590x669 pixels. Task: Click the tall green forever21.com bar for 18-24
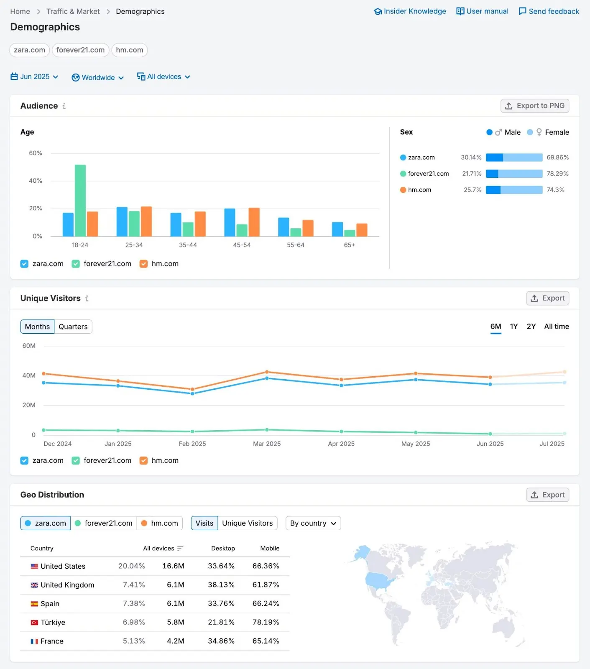pyautogui.click(x=80, y=201)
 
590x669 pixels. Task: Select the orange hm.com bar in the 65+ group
pyautogui.click(x=362, y=230)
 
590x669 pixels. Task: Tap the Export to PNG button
pyautogui.click(x=534, y=106)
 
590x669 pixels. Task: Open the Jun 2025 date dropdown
pyautogui.click(x=34, y=77)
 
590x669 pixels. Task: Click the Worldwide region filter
pyautogui.click(x=98, y=78)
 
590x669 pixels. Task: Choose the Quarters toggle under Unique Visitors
pyautogui.click(x=73, y=327)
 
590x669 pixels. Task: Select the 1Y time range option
pyautogui.click(x=513, y=327)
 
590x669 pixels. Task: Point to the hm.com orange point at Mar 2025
pyautogui.click(x=267, y=372)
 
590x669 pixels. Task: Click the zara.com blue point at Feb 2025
pyautogui.click(x=192, y=393)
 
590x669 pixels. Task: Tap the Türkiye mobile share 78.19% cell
pyautogui.click(x=266, y=622)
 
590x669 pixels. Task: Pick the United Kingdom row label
pyautogui.click(x=67, y=585)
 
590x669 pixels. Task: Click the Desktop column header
pyautogui.click(x=223, y=548)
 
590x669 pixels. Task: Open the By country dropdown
pyautogui.click(x=313, y=523)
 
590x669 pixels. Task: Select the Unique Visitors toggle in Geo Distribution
pyautogui.click(x=247, y=523)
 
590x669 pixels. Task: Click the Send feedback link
pyautogui.click(x=549, y=11)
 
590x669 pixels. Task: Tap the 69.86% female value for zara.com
pyautogui.click(x=557, y=158)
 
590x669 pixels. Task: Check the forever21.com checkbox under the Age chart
pyautogui.click(x=76, y=264)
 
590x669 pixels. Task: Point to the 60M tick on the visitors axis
pyautogui.click(x=29, y=346)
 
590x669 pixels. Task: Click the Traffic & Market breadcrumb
pyautogui.click(x=73, y=11)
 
